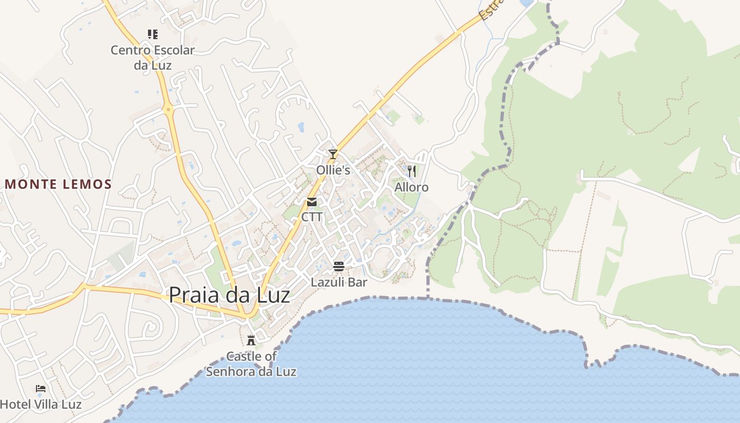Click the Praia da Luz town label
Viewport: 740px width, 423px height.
pyautogui.click(x=229, y=295)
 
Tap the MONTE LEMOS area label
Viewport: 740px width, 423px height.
pyautogui.click(x=59, y=185)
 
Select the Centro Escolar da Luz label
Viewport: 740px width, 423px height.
pyautogui.click(x=153, y=58)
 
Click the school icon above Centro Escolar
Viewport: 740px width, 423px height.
pyautogui.click(x=153, y=35)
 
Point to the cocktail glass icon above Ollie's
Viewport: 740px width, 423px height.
pyautogui.click(x=332, y=154)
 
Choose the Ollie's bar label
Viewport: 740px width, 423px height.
pyautogui.click(x=333, y=170)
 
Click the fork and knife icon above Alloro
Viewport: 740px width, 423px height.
pyautogui.click(x=412, y=171)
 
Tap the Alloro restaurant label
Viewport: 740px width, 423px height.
pyautogui.click(x=411, y=187)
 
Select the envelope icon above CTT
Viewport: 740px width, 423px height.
pyautogui.click(x=312, y=201)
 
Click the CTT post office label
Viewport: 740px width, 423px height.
pyautogui.click(x=312, y=217)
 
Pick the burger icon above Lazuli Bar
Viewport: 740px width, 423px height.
pyautogui.click(x=339, y=266)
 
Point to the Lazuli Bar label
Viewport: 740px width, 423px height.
pyautogui.click(x=339, y=282)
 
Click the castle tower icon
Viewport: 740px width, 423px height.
pyautogui.click(x=251, y=340)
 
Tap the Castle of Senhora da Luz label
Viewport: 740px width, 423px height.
pyautogui.click(x=251, y=364)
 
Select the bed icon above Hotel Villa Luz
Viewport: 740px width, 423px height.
pyautogui.click(x=41, y=389)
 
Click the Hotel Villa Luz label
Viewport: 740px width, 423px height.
pyautogui.click(x=41, y=405)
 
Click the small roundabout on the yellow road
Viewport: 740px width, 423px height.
pyautogui.click(x=169, y=110)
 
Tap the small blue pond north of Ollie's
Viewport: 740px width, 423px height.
pyautogui.click(x=301, y=127)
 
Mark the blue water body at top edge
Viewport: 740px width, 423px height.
pyautogui.click(x=526, y=3)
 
